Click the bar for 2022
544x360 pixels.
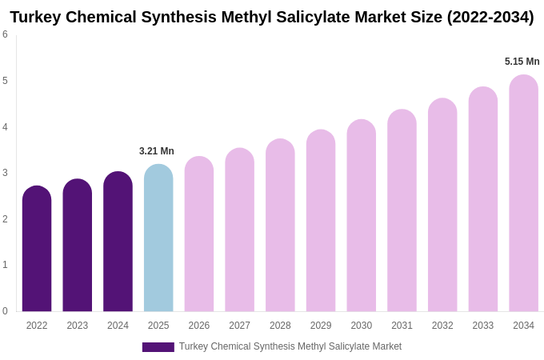37,249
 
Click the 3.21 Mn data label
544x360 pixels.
157,151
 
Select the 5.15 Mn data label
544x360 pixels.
522,62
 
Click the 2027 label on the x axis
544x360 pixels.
239,326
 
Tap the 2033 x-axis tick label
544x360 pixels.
482,326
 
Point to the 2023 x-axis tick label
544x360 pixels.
78,326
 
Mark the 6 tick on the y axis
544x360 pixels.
5,34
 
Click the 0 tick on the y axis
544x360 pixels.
5,311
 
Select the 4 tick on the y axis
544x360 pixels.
5,127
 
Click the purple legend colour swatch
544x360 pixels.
158,347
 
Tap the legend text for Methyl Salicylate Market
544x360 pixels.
290,346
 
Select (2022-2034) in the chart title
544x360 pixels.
490,17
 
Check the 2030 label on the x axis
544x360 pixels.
361,326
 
